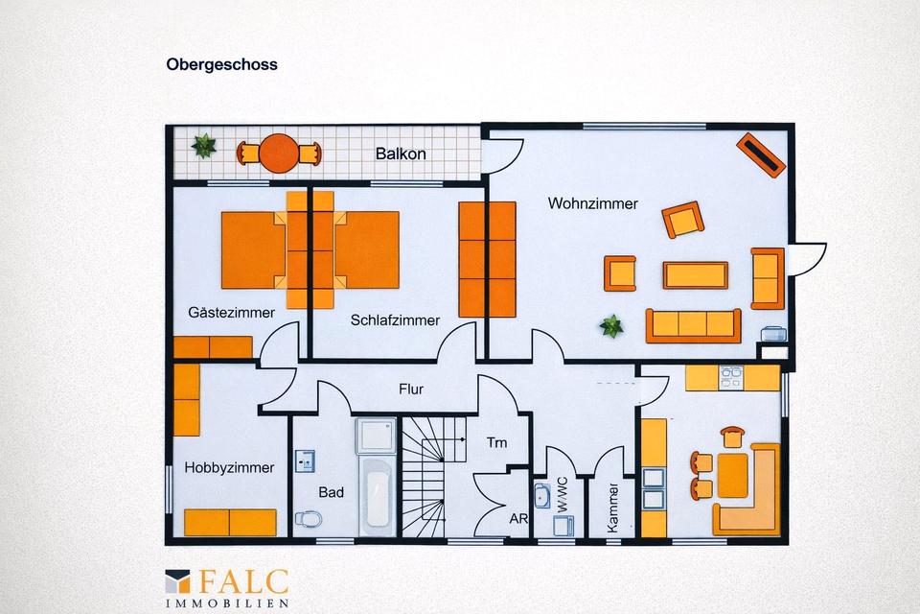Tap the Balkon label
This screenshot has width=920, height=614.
[x=401, y=153]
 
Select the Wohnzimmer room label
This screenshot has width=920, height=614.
[x=592, y=203]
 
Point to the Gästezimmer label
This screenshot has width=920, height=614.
[x=232, y=313]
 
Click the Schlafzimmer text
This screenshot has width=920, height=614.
[x=395, y=320]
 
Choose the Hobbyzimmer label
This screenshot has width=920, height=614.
[x=229, y=468]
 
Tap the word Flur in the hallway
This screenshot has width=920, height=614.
[x=411, y=390]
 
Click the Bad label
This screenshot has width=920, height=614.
[x=331, y=492]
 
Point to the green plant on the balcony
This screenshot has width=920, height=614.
[x=204, y=147]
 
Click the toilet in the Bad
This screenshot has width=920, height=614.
[x=308, y=519]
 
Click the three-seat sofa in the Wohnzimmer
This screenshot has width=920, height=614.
[x=693, y=324]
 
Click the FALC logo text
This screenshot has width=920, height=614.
[x=243, y=581]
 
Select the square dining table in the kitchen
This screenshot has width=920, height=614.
[x=732, y=475]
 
